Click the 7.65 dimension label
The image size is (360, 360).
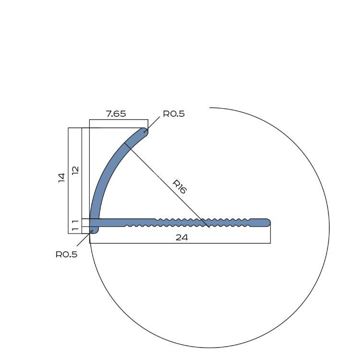(x=116, y=113)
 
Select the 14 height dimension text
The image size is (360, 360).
(x=61, y=178)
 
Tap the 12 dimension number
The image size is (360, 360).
(x=75, y=170)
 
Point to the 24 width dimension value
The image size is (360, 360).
(x=181, y=237)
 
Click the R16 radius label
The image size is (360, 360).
(x=180, y=186)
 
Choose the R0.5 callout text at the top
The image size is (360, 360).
(x=174, y=114)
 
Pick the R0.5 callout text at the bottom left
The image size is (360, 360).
(x=67, y=254)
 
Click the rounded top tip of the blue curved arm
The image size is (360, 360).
(x=144, y=131)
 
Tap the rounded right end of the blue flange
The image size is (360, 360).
(x=268, y=223)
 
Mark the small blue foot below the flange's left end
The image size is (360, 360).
(x=94, y=230)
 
